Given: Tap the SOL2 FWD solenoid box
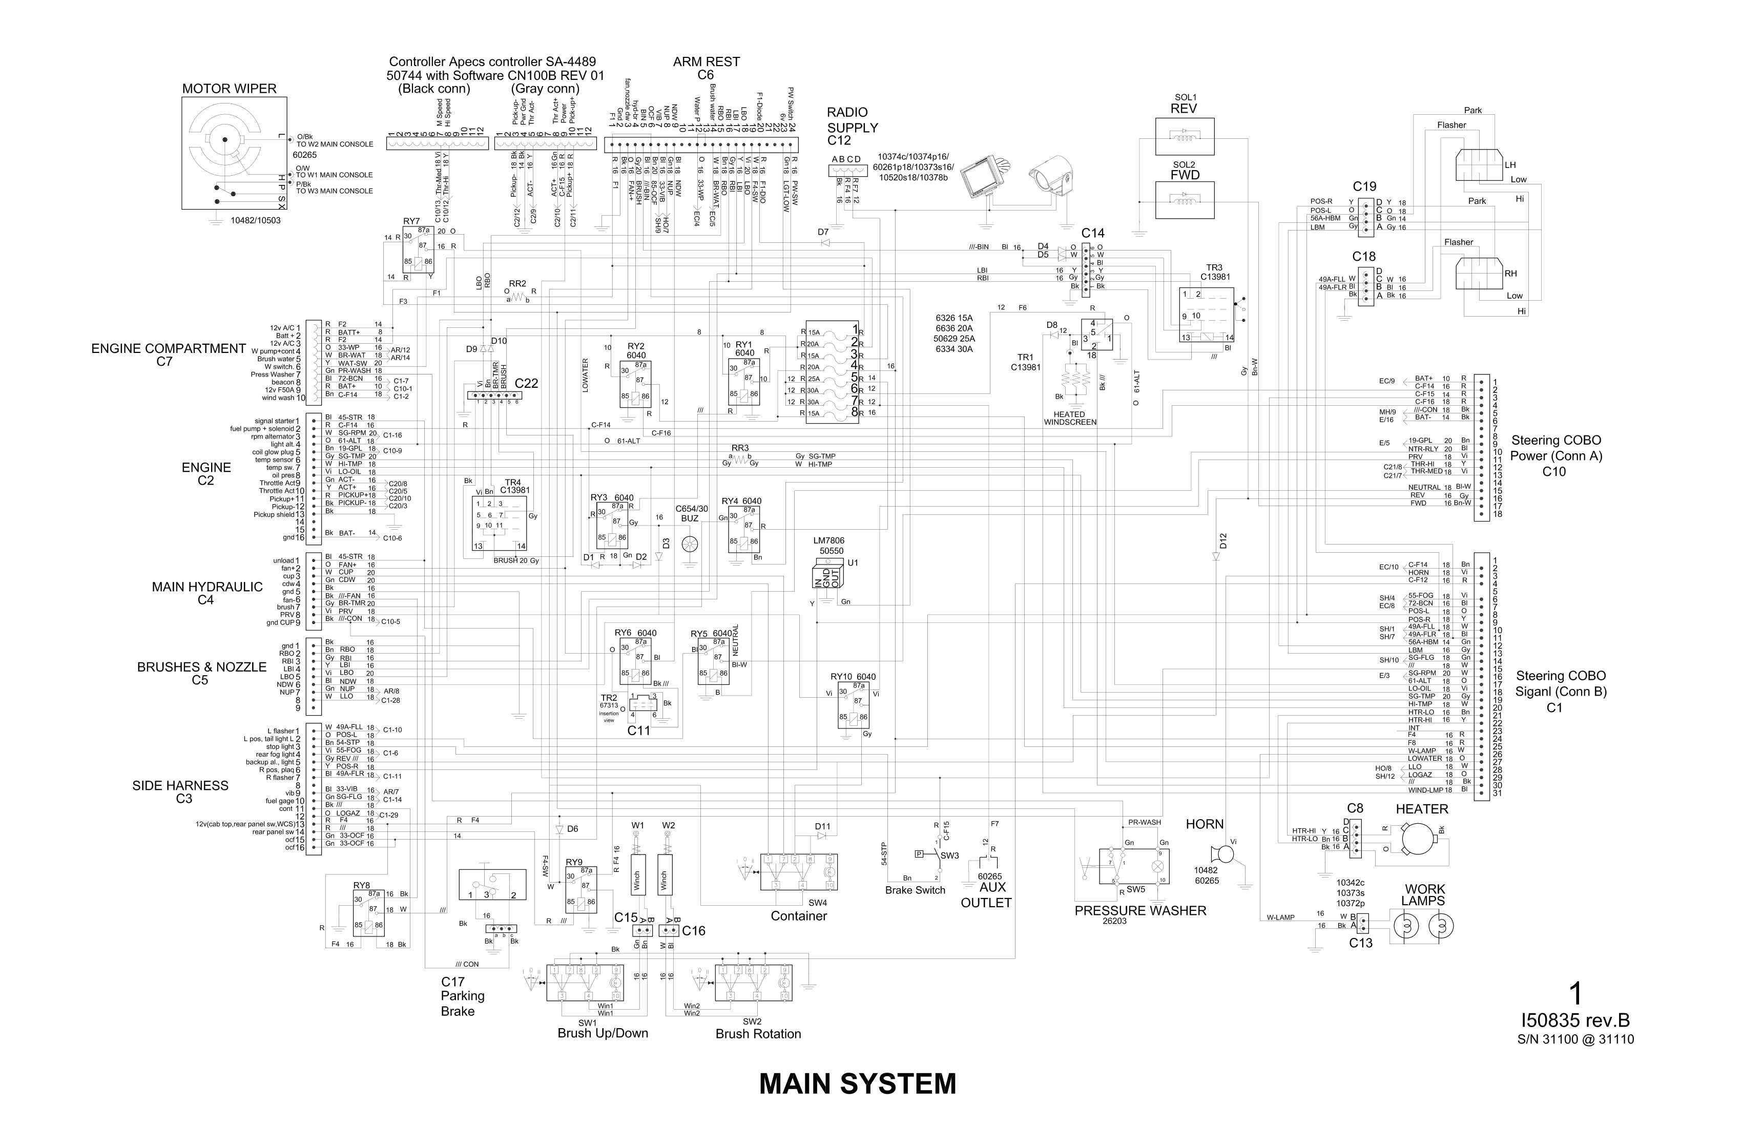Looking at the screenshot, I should [1184, 200].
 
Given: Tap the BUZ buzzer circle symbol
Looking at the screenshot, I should [690, 545].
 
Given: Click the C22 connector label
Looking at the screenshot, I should [526, 383].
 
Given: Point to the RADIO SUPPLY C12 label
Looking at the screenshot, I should [852, 126].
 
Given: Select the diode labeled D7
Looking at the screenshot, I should [825, 242].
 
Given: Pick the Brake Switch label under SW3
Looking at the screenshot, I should [915, 890].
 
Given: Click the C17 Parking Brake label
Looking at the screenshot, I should [462, 996].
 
